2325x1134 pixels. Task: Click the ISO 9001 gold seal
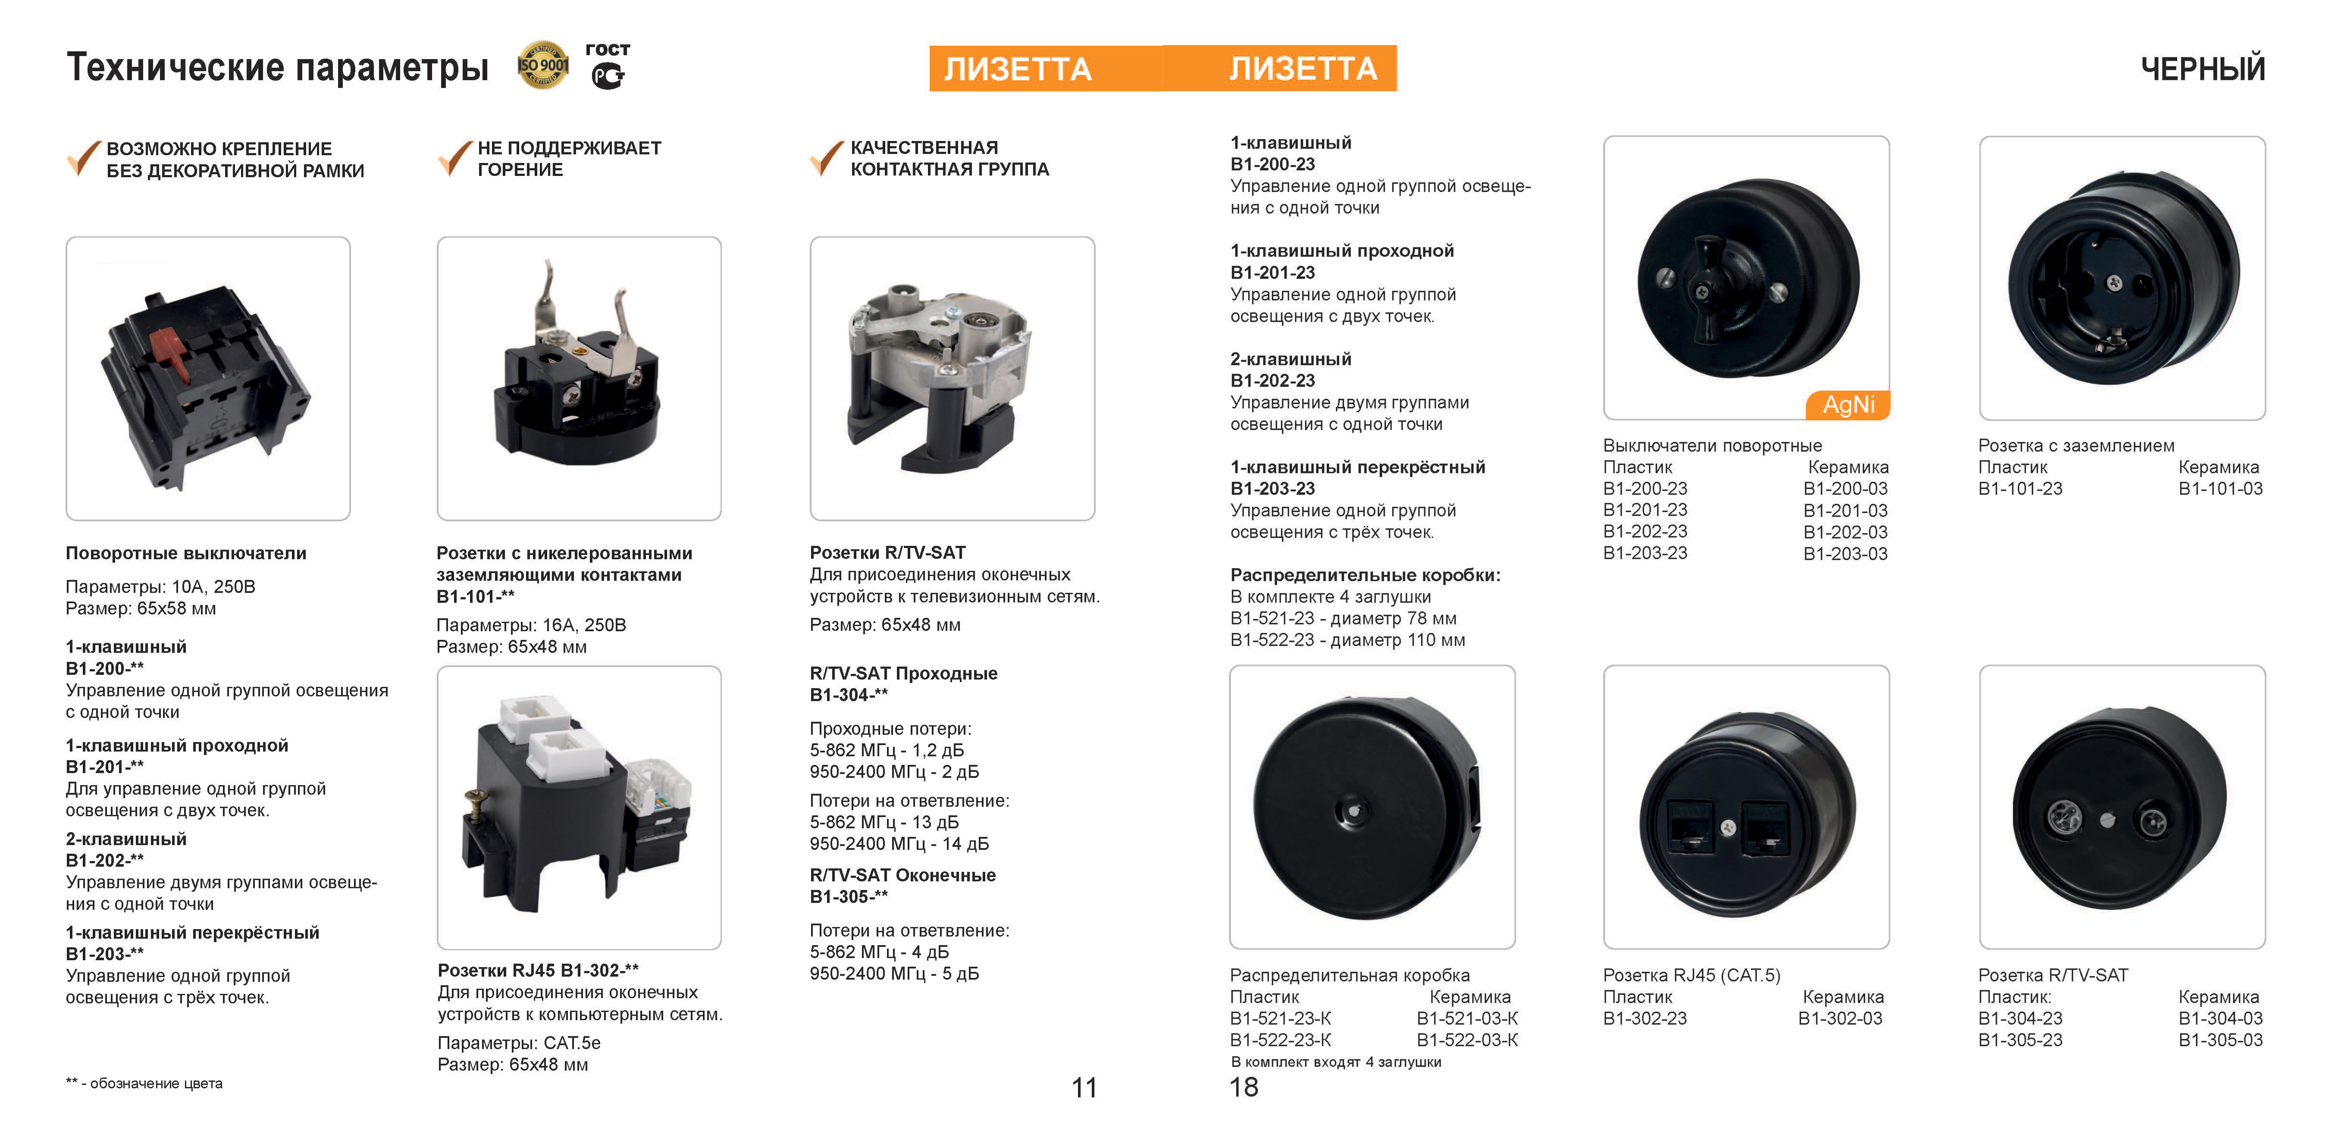[542, 65]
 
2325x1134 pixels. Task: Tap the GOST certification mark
[608, 66]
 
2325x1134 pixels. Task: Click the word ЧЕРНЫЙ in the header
[2202, 69]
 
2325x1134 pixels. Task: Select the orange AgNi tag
[1848, 404]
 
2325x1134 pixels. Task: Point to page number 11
[1084, 1087]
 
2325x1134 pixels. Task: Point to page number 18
[1244, 1087]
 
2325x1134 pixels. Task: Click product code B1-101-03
[2220, 489]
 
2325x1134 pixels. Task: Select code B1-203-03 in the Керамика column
[1845, 554]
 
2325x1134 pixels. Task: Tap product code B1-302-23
[1645, 1018]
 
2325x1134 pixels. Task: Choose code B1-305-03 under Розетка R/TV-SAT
[2220, 1040]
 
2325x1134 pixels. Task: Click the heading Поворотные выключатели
[186, 554]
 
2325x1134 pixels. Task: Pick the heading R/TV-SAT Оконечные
[902, 875]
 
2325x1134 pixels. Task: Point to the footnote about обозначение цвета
[144, 1084]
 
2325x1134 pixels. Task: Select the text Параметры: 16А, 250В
[531, 625]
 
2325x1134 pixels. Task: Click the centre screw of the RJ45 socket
[1727, 826]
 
